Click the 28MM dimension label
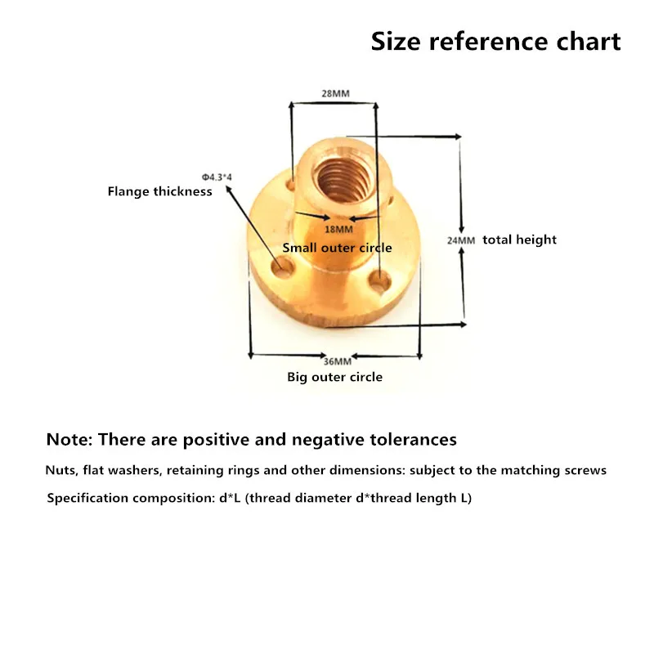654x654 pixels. coord(334,94)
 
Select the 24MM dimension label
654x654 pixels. coord(460,240)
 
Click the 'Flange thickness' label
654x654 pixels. coord(160,191)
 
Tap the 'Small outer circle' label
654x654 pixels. coord(337,248)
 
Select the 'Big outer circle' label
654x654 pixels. coord(334,377)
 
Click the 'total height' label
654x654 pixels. coord(519,240)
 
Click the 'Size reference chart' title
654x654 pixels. coord(496,41)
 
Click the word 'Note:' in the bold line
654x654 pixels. coord(69,439)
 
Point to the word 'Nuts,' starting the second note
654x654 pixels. coord(61,471)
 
